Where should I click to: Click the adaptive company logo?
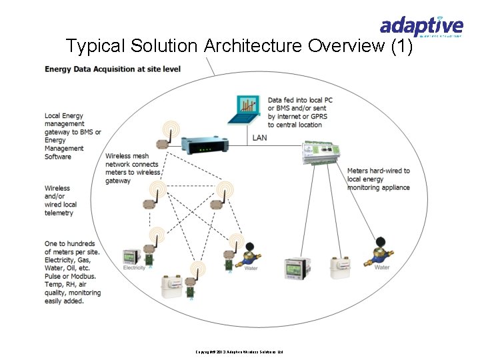click(421, 27)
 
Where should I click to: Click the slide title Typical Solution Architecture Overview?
click(239, 46)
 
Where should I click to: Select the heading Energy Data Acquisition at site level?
click(113, 69)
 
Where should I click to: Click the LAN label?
click(260, 138)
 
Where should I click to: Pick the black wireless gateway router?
click(205, 145)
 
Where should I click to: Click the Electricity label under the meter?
click(134, 268)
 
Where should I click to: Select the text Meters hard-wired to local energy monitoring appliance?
click(378, 179)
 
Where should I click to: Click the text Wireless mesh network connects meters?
click(133, 168)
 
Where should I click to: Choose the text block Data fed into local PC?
click(300, 112)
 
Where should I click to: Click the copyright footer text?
click(239, 351)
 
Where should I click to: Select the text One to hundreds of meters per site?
click(72, 272)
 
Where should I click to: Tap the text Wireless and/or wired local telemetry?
click(61, 201)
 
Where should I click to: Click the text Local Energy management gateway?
click(72, 136)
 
